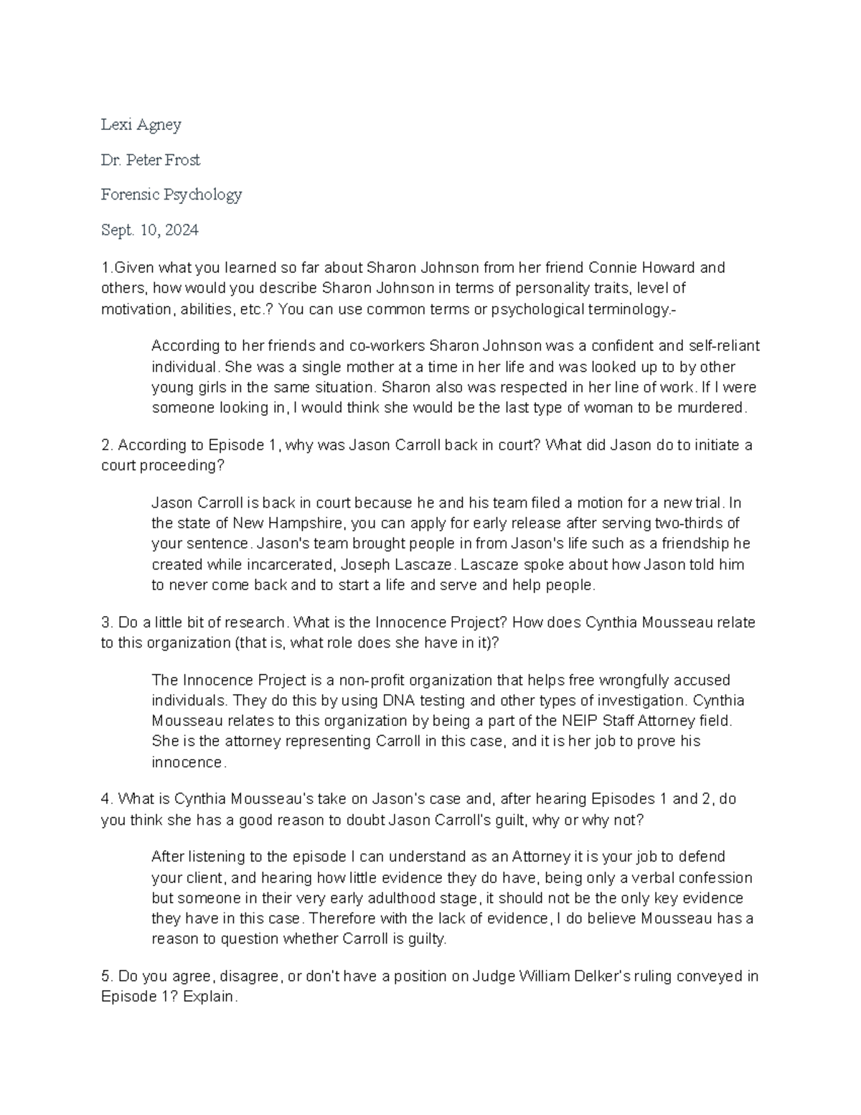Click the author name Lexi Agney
[x=141, y=125]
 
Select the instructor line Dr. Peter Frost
[x=150, y=160]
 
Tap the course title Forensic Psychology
[x=171, y=195]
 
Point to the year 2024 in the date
[x=181, y=230]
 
